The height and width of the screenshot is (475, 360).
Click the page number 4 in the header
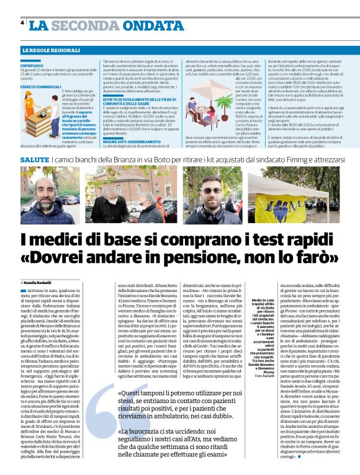(22, 23)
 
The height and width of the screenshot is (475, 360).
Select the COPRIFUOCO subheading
(31, 64)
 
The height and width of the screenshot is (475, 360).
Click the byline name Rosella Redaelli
(41, 283)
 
